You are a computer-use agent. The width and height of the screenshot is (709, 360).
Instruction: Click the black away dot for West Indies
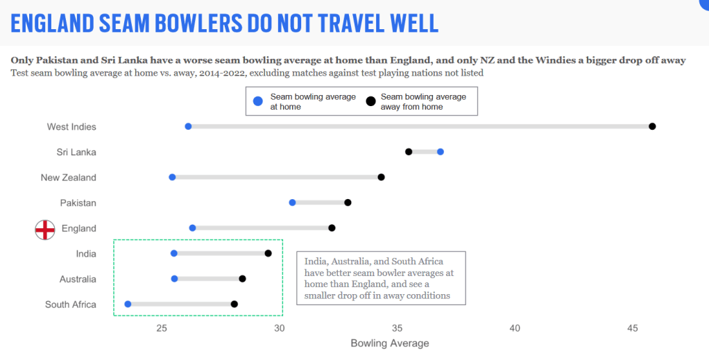pyautogui.click(x=652, y=126)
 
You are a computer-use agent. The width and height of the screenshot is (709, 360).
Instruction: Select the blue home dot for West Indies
pyautogui.click(x=188, y=126)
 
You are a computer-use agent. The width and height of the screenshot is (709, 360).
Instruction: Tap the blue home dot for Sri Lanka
pyautogui.click(x=441, y=152)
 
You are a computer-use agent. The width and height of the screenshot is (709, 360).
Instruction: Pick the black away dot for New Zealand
pyautogui.click(x=381, y=178)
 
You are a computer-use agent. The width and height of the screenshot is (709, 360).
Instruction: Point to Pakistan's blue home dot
pyautogui.click(x=292, y=203)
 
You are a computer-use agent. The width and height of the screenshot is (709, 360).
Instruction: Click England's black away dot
pyautogui.click(x=332, y=228)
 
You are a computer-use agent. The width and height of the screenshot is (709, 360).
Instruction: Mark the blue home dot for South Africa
pyautogui.click(x=128, y=305)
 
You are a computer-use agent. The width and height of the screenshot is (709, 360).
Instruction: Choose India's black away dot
pyautogui.click(x=268, y=253)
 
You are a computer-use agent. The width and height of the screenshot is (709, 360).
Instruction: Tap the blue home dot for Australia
pyautogui.click(x=174, y=279)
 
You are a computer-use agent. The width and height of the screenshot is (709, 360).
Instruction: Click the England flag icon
pyautogui.click(x=45, y=229)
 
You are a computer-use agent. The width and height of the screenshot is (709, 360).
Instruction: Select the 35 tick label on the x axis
pyautogui.click(x=397, y=328)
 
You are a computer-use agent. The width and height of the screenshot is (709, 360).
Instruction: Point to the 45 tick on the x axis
pyautogui.click(x=632, y=328)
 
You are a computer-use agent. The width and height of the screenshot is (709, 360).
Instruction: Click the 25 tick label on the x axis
pyautogui.click(x=162, y=328)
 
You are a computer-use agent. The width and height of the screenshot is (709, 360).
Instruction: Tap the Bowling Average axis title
pyautogui.click(x=390, y=343)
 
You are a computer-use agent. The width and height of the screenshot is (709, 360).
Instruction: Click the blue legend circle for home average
pyautogui.click(x=258, y=101)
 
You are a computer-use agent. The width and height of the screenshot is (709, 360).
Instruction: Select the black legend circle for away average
pyautogui.click(x=370, y=101)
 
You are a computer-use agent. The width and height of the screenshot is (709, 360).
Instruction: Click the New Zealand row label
pyautogui.click(x=68, y=178)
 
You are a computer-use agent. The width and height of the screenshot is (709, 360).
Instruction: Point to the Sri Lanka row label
pyautogui.click(x=76, y=152)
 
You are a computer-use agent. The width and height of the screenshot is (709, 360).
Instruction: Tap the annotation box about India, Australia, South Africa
pyautogui.click(x=380, y=278)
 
